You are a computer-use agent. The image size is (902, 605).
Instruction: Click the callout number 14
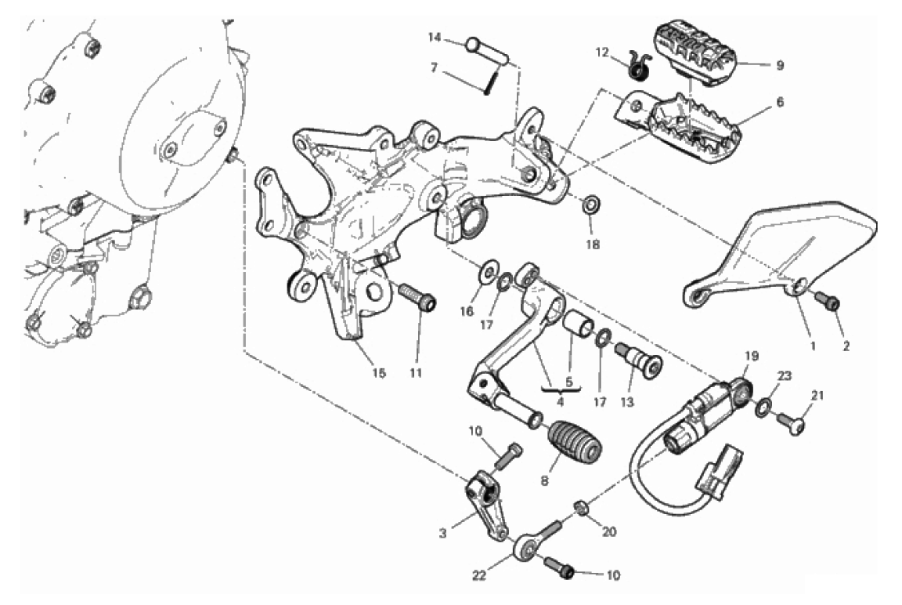435,38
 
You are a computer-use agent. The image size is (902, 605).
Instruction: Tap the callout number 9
780,66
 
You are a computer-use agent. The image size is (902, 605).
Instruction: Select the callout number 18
593,245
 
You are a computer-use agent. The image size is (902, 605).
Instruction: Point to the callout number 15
378,373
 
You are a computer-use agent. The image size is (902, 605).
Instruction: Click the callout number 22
479,575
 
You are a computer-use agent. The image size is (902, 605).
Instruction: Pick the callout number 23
785,376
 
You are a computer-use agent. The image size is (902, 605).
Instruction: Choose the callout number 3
442,534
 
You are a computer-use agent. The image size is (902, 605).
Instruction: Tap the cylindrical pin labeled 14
487,52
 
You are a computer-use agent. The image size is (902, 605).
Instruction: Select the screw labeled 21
792,423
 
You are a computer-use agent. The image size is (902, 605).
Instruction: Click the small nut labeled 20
582,509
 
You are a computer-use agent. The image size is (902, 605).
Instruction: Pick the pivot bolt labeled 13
640,359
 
